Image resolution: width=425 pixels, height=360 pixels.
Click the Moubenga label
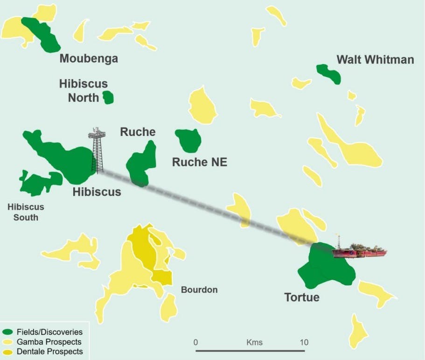tap(89, 59)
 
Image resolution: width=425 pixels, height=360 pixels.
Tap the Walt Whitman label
tap(375, 60)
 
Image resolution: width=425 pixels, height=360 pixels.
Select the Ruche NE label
tap(199, 162)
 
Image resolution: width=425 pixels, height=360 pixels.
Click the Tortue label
tap(302, 297)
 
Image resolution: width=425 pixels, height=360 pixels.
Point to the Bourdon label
tap(199, 290)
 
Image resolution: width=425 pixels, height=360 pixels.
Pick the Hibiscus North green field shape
tap(108, 98)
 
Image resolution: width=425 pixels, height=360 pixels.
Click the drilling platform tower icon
tap(97, 149)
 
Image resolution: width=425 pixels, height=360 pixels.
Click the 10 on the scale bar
tap(304, 342)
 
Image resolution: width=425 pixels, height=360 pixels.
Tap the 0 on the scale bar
tap(196, 342)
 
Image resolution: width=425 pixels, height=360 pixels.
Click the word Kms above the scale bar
tap(254, 342)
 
